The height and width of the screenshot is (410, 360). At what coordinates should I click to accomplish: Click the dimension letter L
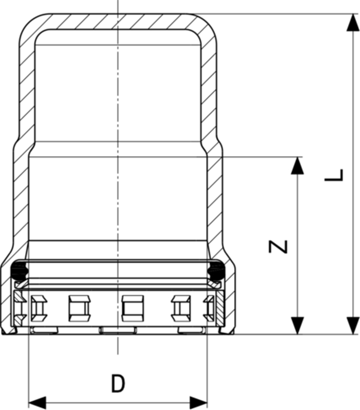pos(334,175)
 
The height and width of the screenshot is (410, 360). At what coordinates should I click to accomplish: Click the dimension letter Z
pos(278,247)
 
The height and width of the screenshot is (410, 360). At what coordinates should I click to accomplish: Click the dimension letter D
pos(118,384)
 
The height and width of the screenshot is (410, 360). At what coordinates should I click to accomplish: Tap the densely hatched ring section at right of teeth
pos(218,307)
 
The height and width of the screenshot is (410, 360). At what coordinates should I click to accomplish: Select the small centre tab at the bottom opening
pos(117,330)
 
